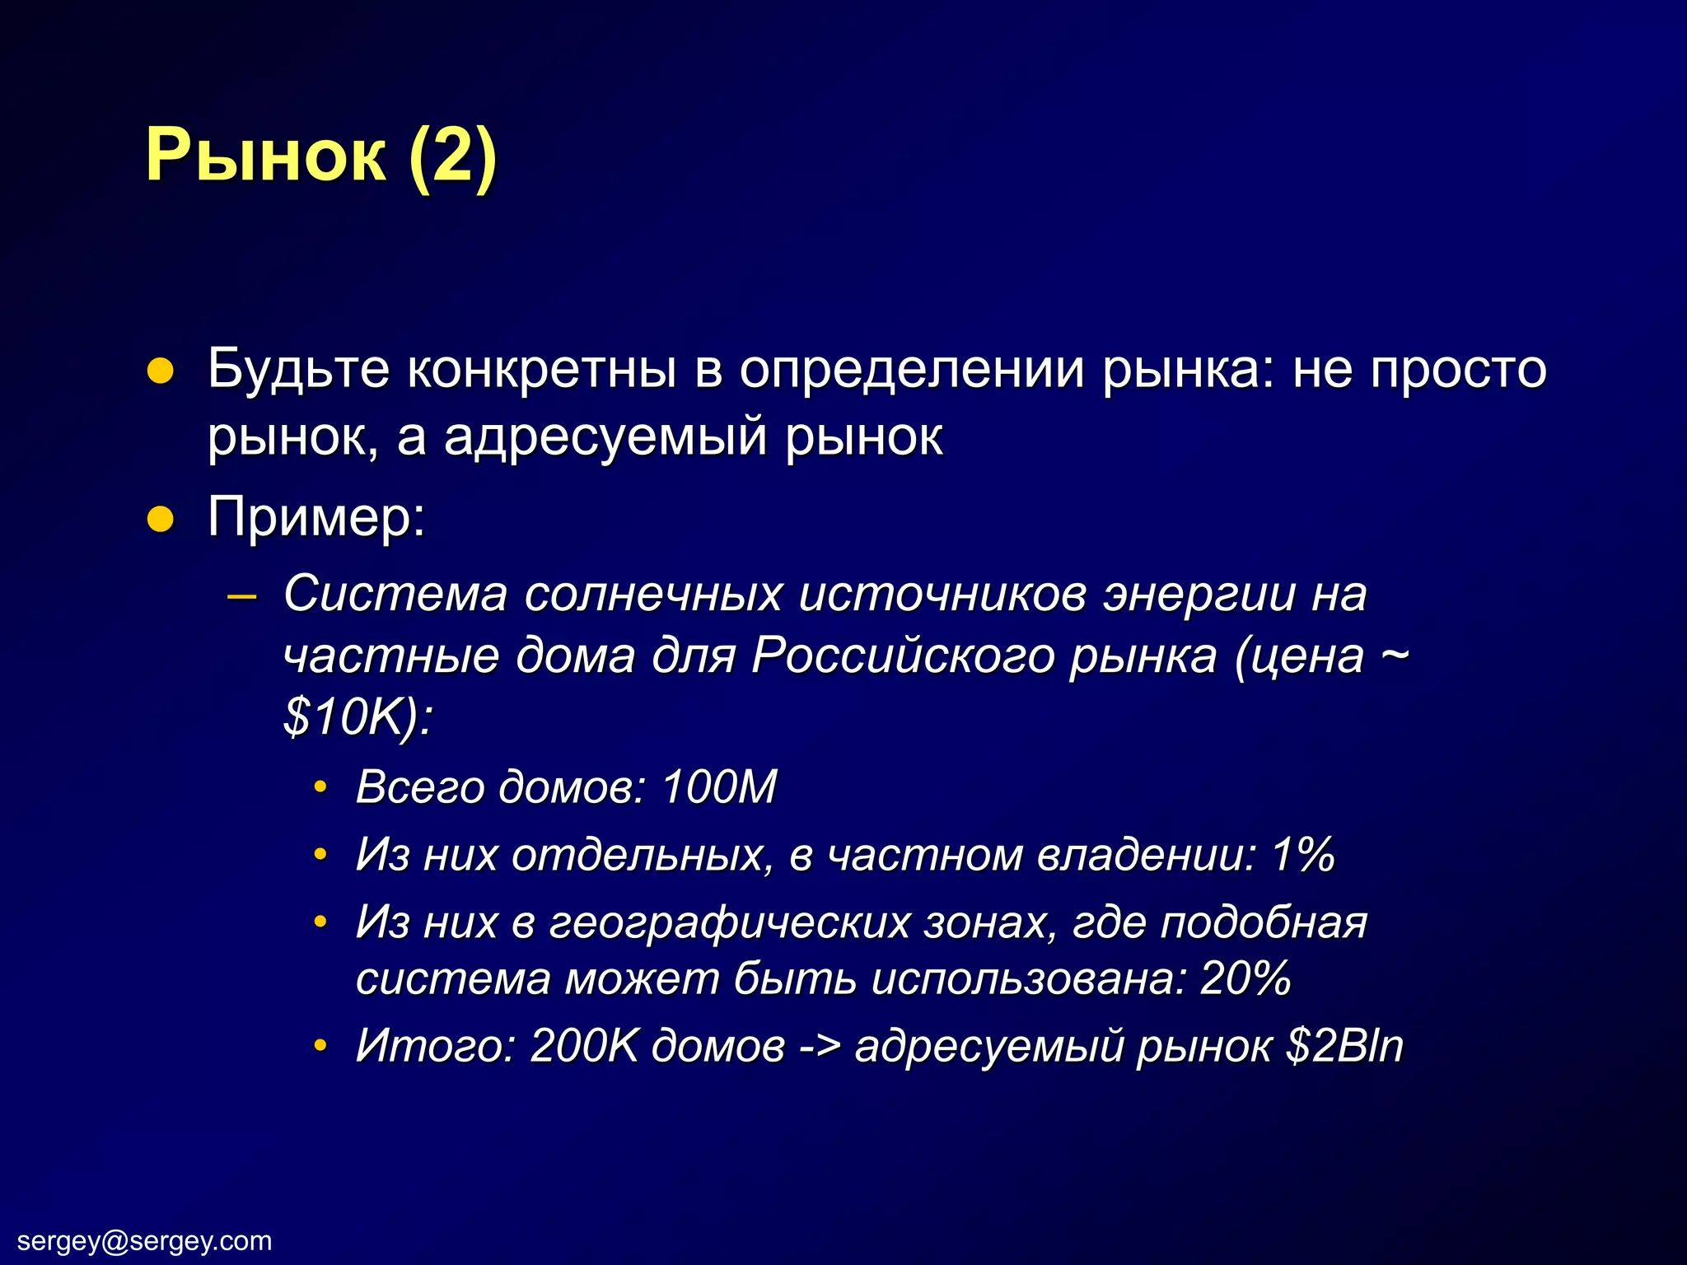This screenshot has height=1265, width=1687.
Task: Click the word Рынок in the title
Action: pos(265,156)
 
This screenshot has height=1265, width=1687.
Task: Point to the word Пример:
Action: pos(316,518)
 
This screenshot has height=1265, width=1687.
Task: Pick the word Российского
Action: pos(902,656)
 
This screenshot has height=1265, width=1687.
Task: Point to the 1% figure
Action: pos(1302,854)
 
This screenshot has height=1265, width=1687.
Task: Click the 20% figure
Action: pos(1245,978)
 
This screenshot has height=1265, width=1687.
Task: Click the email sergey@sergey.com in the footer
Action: pos(144,1240)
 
